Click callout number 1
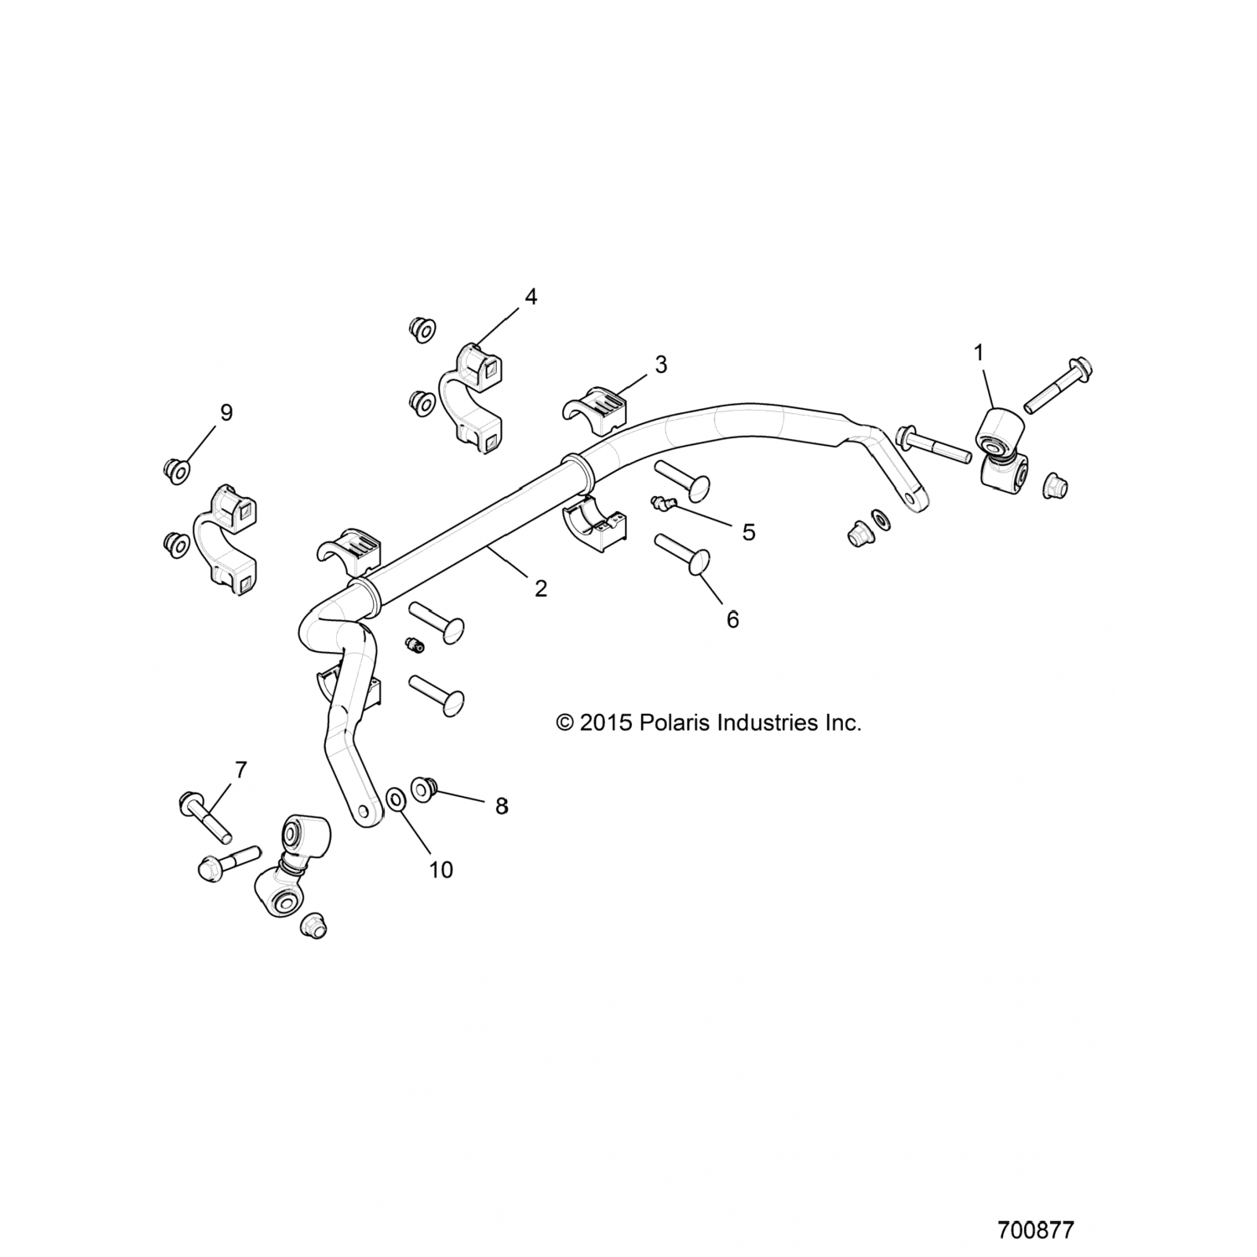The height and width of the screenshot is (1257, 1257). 979,354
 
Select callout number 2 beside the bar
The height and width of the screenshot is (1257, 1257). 541,588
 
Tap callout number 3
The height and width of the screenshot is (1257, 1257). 661,365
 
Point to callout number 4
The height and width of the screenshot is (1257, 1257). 530,297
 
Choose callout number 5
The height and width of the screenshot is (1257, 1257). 748,531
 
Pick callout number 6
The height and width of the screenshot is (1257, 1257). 732,619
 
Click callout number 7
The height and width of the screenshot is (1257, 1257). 241,769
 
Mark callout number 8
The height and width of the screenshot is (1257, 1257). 501,806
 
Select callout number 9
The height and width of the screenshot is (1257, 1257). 225,412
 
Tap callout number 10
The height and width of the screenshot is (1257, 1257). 441,870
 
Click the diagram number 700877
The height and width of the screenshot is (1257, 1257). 1036,1230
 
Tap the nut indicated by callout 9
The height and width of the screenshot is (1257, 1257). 176,470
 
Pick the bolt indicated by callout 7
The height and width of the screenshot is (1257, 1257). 204,818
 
